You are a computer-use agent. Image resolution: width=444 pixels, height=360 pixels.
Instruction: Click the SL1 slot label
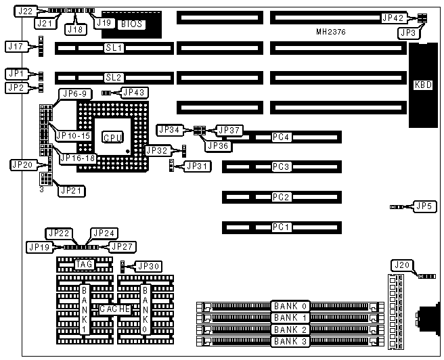[x=113, y=49]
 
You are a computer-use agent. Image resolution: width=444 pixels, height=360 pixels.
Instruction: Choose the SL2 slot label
[x=113, y=78]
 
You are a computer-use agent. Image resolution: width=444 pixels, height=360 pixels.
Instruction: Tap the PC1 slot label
[x=281, y=227]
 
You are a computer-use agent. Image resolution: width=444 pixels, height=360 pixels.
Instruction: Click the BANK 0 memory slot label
[x=290, y=306]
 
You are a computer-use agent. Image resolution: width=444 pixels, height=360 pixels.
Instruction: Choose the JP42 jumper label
[x=393, y=18]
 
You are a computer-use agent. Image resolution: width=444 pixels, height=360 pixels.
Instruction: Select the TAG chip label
[x=84, y=264]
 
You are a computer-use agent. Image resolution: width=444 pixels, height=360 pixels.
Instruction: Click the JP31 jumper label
[x=198, y=165]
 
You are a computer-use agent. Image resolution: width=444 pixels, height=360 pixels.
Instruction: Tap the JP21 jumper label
[x=72, y=190]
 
